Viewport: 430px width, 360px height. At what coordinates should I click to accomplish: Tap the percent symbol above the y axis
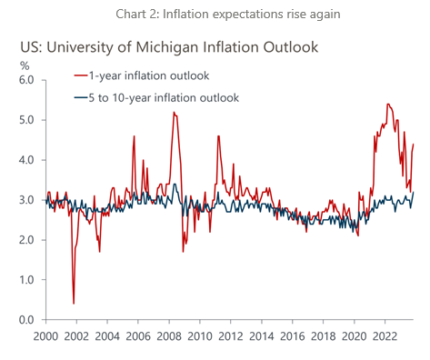coord(25,65)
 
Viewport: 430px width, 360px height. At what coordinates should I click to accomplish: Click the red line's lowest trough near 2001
coord(73,304)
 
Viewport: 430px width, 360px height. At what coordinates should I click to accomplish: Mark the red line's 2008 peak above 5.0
coord(174,113)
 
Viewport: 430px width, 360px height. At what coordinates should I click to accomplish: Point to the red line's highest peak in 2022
coord(388,105)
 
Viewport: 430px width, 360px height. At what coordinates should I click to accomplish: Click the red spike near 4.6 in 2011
coord(218,136)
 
